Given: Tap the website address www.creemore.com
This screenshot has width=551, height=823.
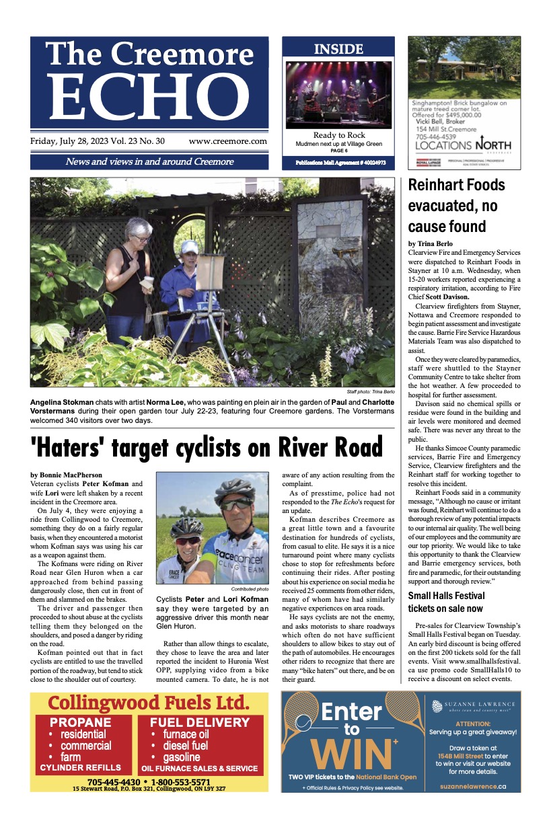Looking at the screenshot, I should (227, 142).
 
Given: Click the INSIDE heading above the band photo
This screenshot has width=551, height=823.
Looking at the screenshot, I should (338, 49).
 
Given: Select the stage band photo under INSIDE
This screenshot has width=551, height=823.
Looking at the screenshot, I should (338, 93).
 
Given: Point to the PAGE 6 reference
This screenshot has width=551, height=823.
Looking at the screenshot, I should (338, 151).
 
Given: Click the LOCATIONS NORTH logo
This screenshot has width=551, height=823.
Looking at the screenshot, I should (463, 145).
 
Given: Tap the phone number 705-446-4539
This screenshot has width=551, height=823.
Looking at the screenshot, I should (439, 134).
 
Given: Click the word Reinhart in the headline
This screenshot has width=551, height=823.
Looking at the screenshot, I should (439, 185).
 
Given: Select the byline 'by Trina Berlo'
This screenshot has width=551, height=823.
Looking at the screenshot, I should (431, 243).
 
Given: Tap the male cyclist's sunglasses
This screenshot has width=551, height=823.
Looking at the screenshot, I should (236, 504).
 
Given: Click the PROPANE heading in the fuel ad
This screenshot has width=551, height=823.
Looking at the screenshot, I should (80, 722).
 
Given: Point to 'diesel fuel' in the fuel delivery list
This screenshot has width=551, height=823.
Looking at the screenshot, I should (185, 745).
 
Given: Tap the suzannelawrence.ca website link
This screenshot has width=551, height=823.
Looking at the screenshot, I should (473, 785).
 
